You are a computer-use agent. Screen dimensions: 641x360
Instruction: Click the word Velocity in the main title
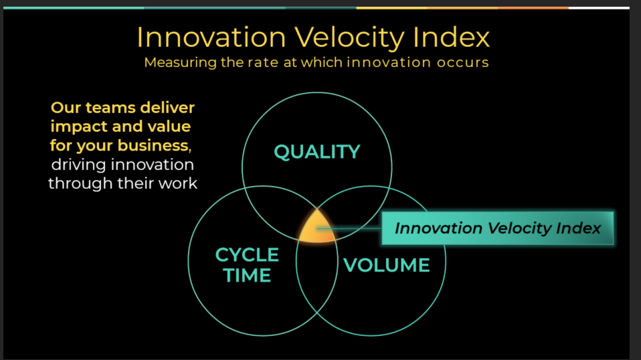[350, 38]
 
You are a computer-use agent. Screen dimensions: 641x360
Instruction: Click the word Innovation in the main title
[211, 37]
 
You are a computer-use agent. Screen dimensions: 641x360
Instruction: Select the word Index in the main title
[451, 37]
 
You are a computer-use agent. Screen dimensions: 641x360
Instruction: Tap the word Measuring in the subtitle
[180, 62]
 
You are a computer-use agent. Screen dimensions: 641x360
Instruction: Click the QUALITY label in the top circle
[317, 152]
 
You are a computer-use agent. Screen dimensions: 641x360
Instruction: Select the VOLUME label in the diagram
[386, 265]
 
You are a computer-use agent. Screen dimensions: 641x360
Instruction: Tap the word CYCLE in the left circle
[247, 255]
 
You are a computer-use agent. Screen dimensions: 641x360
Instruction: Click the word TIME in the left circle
[247, 275]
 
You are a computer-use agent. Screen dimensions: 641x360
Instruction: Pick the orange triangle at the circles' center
[317, 228]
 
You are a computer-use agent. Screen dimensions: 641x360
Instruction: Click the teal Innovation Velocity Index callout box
[498, 228]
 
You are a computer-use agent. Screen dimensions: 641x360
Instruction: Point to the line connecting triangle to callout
[349, 228]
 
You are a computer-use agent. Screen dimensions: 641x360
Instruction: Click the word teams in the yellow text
[110, 108]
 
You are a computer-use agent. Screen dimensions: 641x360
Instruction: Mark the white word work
[178, 183]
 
